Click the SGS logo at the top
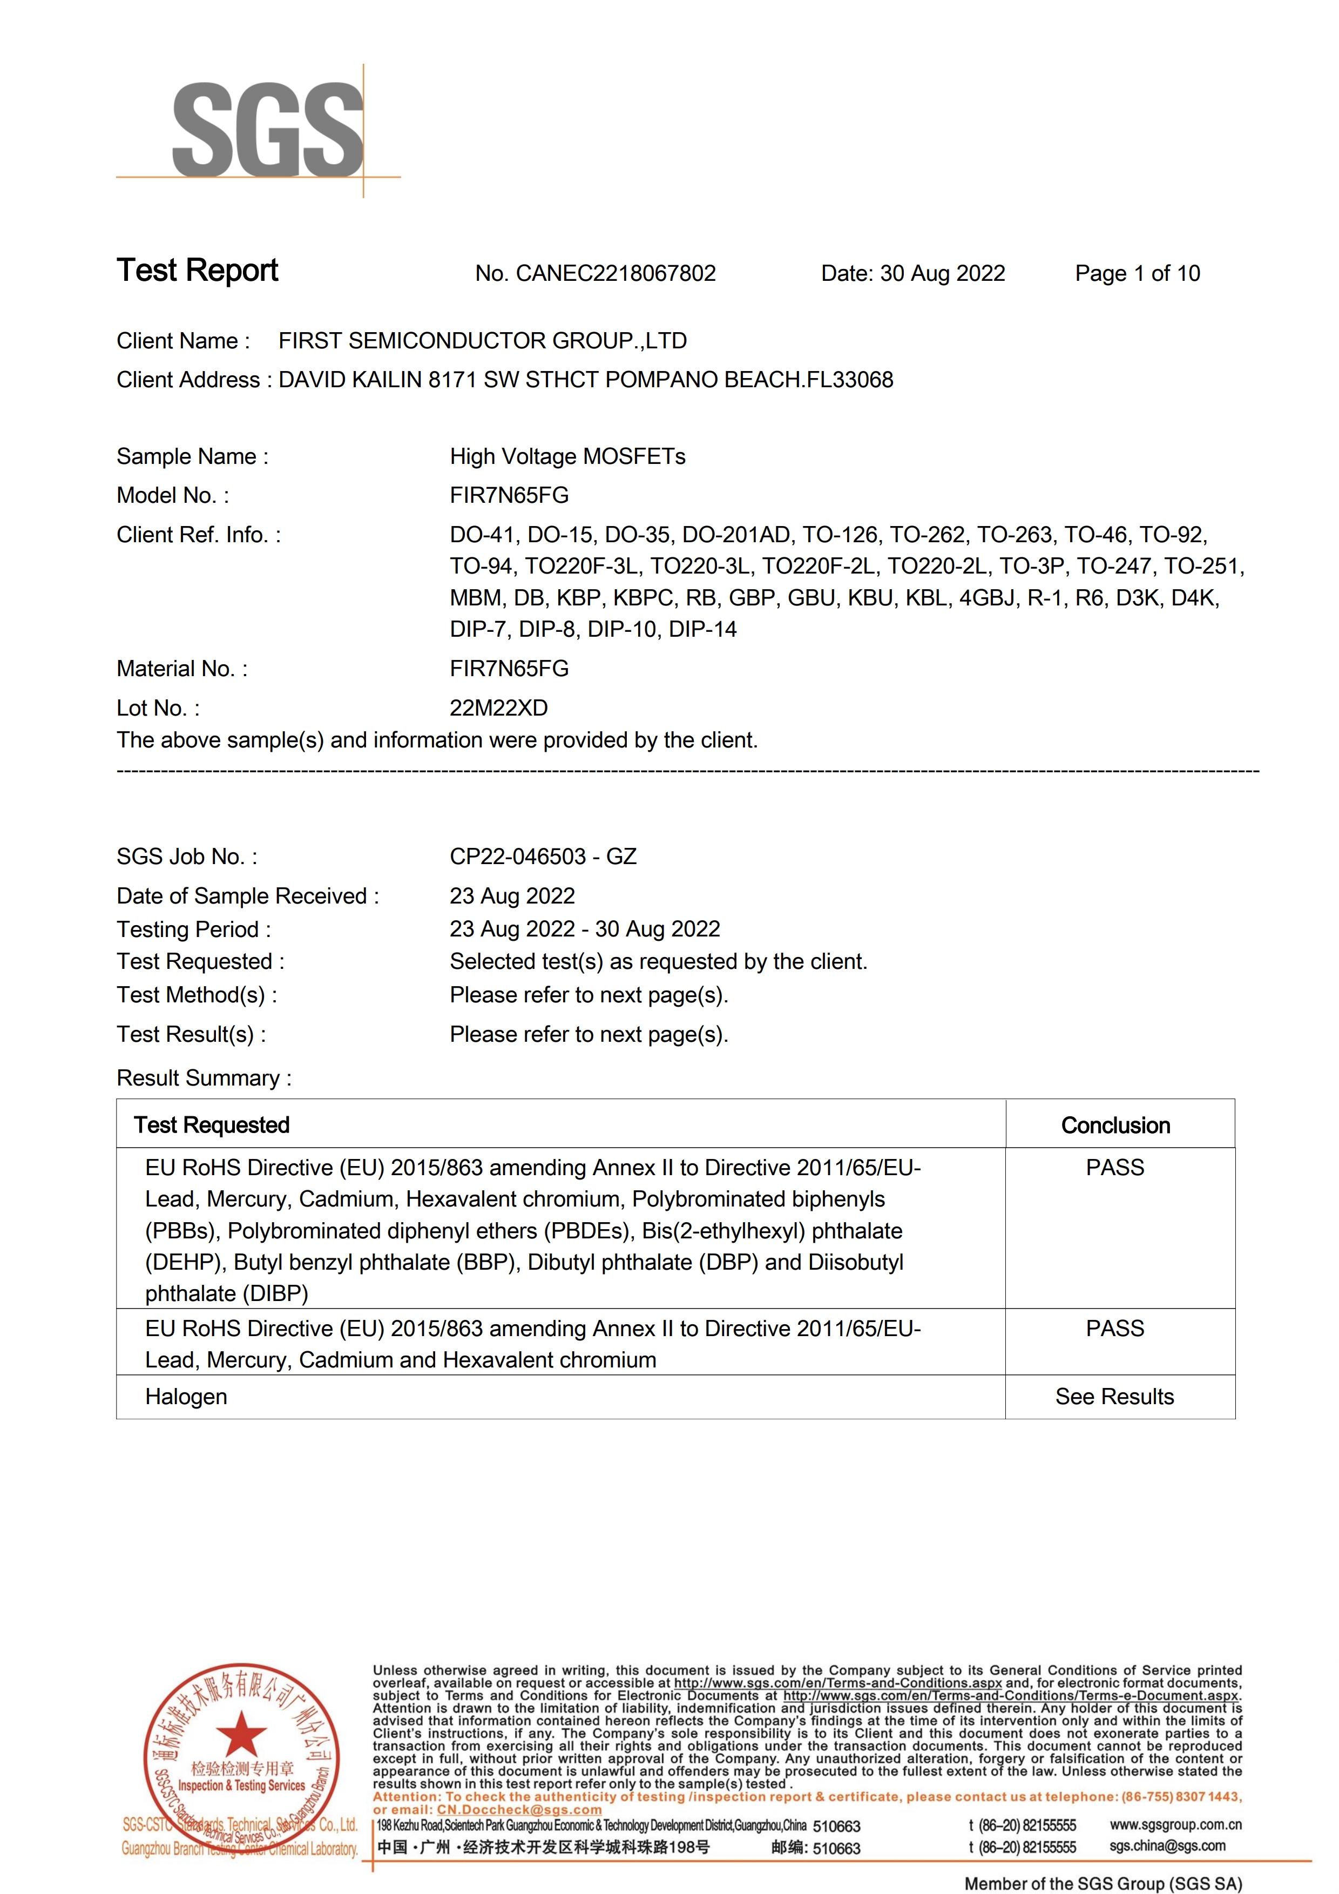267,130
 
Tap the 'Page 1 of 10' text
1137,273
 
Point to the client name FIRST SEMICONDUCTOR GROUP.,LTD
482,341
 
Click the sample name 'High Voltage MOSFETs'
567,456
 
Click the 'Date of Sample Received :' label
247,896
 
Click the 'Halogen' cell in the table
186,1397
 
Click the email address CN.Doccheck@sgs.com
519,1810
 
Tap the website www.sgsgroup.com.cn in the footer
1175,1825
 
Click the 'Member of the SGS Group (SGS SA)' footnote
1103,1883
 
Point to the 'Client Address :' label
194,380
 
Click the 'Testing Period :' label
194,929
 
